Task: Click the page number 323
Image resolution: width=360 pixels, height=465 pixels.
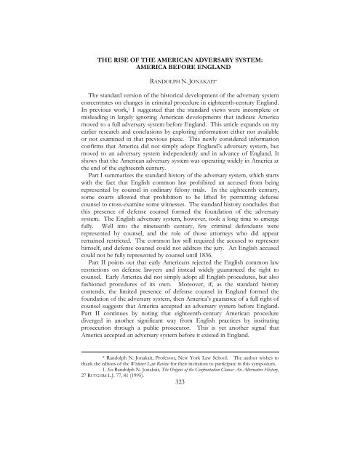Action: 180,423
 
